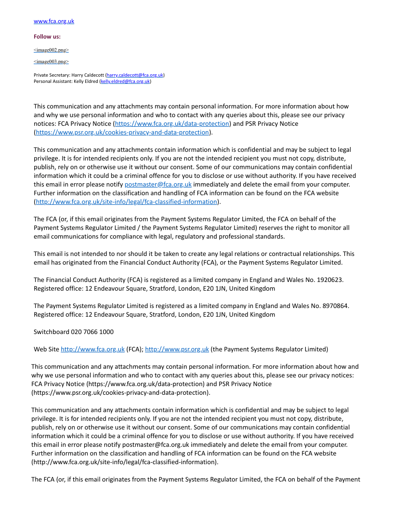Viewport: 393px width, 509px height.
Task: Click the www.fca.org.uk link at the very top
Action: pyautogui.click(x=54, y=21)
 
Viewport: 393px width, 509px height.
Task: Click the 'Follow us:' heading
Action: pyautogui.click(x=47, y=37)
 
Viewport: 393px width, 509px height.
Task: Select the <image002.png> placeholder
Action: pyautogui.click(x=51, y=50)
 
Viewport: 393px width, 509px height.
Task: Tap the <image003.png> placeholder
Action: pyautogui.click(x=51, y=62)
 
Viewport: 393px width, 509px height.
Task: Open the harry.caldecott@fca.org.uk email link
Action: pyautogui.click(x=135, y=75)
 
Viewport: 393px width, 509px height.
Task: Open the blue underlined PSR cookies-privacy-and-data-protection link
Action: pyautogui.click(x=122, y=132)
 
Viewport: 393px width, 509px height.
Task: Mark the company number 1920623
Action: pyautogui.click(x=329, y=280)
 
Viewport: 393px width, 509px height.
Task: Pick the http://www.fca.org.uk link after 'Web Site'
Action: pyautogui.click(x=92, y=349)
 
